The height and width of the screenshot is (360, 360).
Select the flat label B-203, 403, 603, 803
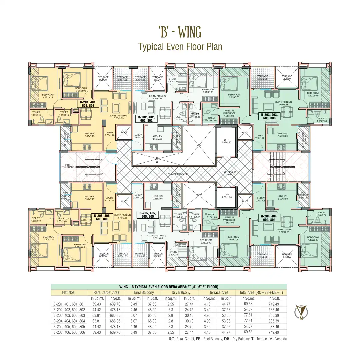(x=269, y=116)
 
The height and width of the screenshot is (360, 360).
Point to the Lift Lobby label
(x=230, y=173)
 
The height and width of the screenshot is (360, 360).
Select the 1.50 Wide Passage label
(x=177, y=174)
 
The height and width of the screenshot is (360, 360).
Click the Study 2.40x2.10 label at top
(x=172, y=80)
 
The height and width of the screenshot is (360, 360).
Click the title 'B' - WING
(x=180, y=33)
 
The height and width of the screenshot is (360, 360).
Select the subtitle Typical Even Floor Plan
(x=180, y=46)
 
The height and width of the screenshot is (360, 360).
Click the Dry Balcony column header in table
(x=181, y=293)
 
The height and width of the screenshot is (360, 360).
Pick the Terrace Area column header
(x=219, y=293)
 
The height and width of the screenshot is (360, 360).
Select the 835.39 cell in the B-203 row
(x=274, y=315)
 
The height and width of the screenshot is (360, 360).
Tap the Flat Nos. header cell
(x=69, y=293)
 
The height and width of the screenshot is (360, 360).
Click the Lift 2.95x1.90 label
(x=227, y=141)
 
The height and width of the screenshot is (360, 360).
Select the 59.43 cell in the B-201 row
(x=97, y=304)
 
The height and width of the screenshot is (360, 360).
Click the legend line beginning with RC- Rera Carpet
(x=228, y=339)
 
